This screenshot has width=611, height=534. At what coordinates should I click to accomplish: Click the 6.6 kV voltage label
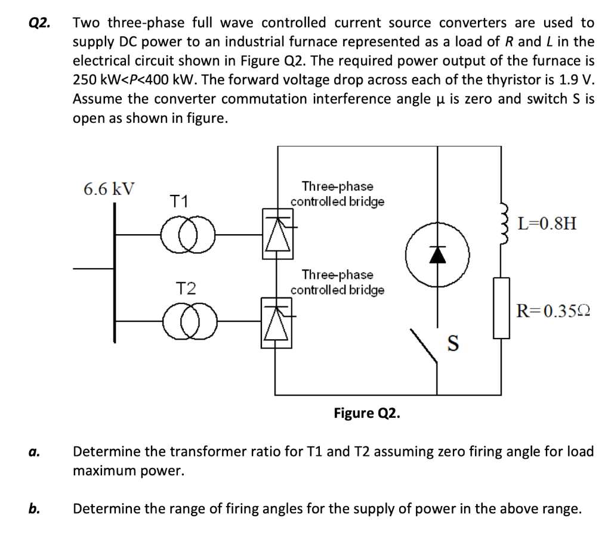pyautogui.click(x=109, y=190)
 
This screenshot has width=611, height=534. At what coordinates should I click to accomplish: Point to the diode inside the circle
pyautogui.click(x=439, y=254)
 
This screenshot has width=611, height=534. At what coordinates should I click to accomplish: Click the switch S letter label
pyautogui.click(x=453, y=343)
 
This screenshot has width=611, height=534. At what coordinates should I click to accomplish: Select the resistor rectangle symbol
pyautogui.click(x=501, y=308)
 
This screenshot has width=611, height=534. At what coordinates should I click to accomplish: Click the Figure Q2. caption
pyautogui.click(x=366, y=413)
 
